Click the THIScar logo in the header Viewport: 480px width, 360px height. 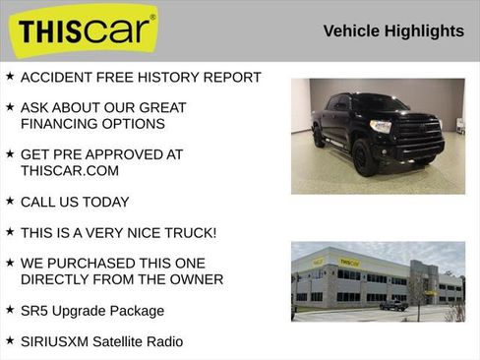(87, 30)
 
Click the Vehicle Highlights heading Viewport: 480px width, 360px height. (393, 31)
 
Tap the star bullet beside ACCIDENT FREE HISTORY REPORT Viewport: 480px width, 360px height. (9, 76)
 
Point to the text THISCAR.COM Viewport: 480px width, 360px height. (69, 170)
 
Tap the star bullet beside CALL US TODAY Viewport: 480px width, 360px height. (9, 201)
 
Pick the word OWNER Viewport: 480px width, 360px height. (194, 279)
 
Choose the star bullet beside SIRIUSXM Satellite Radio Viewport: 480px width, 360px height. (9, 340)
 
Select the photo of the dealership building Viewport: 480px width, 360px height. (378, 282)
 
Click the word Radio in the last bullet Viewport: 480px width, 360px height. (162, 341)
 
